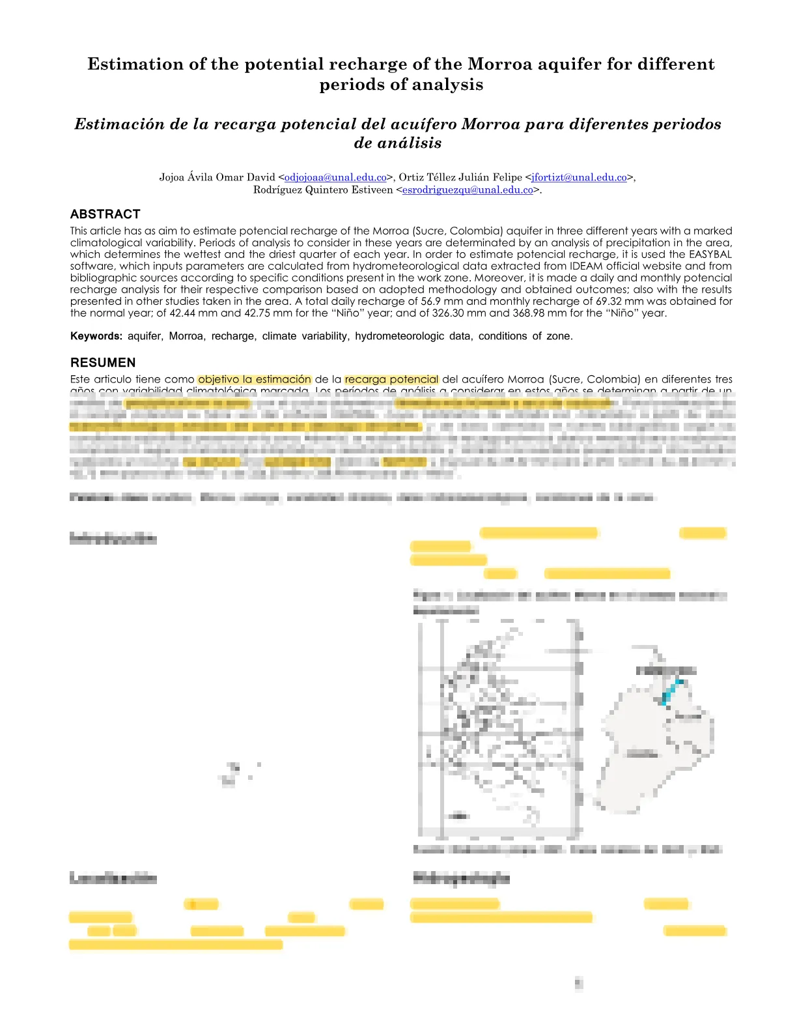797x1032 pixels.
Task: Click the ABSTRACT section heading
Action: (x=105, y=214)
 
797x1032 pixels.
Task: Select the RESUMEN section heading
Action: (x=103, y=363)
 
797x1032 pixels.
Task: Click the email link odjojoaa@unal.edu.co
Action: (x=335, y=177)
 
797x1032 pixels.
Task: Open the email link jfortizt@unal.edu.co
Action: (x=579, y=177)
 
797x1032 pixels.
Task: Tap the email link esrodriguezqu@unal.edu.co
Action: (x=468, y=190)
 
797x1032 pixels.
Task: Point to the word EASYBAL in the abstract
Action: (x=710, y=254)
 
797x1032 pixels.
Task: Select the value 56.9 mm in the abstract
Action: (x=441, y=301)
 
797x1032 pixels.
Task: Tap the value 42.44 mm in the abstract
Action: (x=194, y=313)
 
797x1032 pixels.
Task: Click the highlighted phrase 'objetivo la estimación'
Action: (x=255, y=379)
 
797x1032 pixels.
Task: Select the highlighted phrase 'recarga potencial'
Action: (x=391, y=379)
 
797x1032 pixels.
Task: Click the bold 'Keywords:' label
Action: (x=96, y=336)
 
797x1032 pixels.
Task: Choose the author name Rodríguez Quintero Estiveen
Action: (x=323, y=190)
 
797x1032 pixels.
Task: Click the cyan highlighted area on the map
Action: (x=671, y=692)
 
